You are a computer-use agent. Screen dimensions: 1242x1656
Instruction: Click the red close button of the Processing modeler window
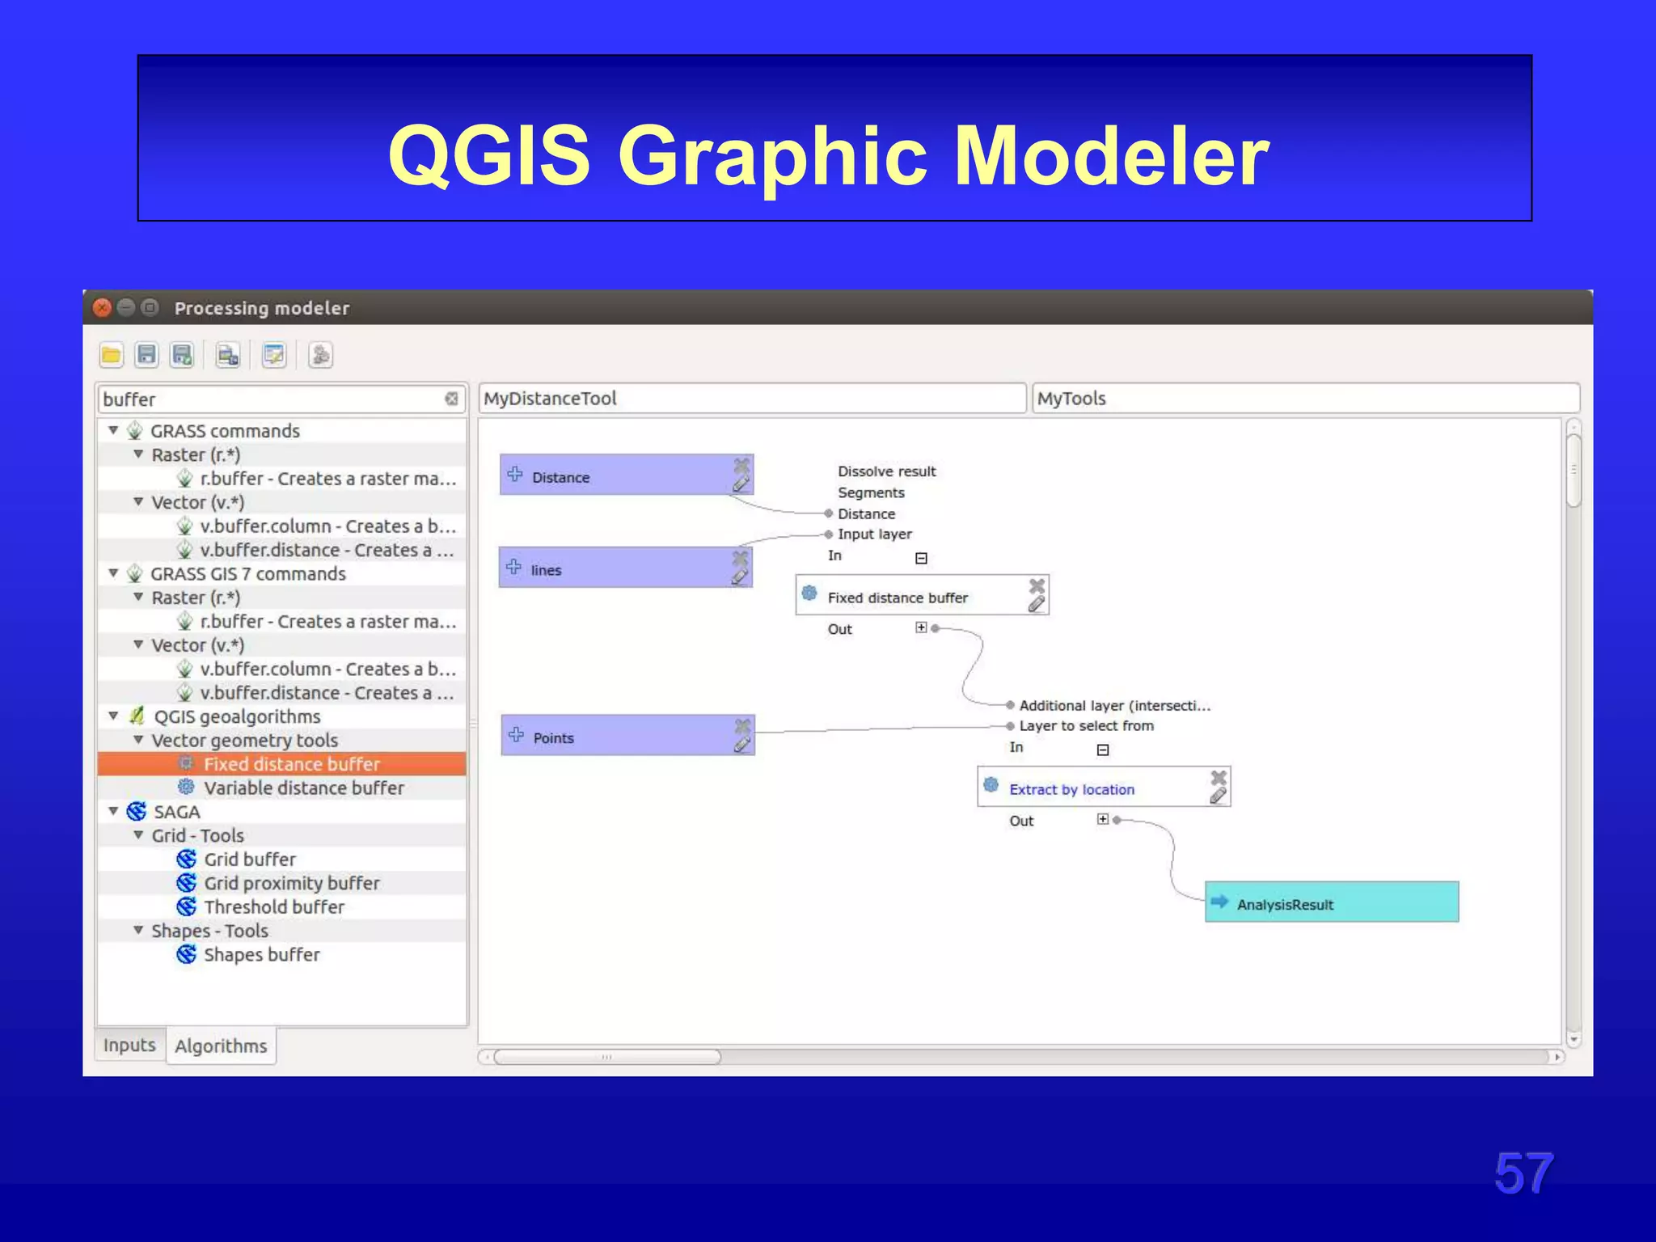(103, 308)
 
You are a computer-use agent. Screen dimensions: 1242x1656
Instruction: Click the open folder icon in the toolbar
(112, 355)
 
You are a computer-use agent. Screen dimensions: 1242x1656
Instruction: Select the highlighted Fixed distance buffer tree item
(291, 764)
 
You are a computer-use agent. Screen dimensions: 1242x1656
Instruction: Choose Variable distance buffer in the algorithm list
(303, 788)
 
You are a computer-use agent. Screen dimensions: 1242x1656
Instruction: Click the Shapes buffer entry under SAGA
(261, 955)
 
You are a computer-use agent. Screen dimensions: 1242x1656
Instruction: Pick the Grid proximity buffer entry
(291, 883)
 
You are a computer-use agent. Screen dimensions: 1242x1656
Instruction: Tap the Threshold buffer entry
(273, 907)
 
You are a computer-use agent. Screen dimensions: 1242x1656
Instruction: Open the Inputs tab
(129, 1046)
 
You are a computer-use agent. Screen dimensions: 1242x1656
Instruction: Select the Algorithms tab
(221, 1046)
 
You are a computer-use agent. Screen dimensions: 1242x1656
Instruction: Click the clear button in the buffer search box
(451, 399)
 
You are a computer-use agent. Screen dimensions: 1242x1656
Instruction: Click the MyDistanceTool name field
(752, 399)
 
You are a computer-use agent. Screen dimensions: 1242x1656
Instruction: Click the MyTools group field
(1305, 399)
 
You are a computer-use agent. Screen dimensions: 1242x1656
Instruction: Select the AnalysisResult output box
(1332, 902)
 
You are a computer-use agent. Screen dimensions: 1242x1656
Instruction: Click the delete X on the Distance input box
(741, 465)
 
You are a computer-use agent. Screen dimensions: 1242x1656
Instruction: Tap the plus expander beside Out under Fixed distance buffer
(921, 627)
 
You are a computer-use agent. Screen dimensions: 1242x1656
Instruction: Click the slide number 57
(1523, 1173)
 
